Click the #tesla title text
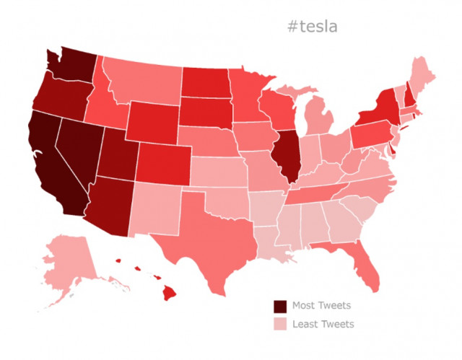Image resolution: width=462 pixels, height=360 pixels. pyautogui.click(x=312, y=27)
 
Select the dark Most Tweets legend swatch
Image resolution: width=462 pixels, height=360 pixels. pyautogui.click(x=280, y=305)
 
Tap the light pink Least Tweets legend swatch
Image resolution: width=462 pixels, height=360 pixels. pyautogui.click(x=280, y=324)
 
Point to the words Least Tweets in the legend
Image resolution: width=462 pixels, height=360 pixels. pyautogui.click(x=323, y=324)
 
